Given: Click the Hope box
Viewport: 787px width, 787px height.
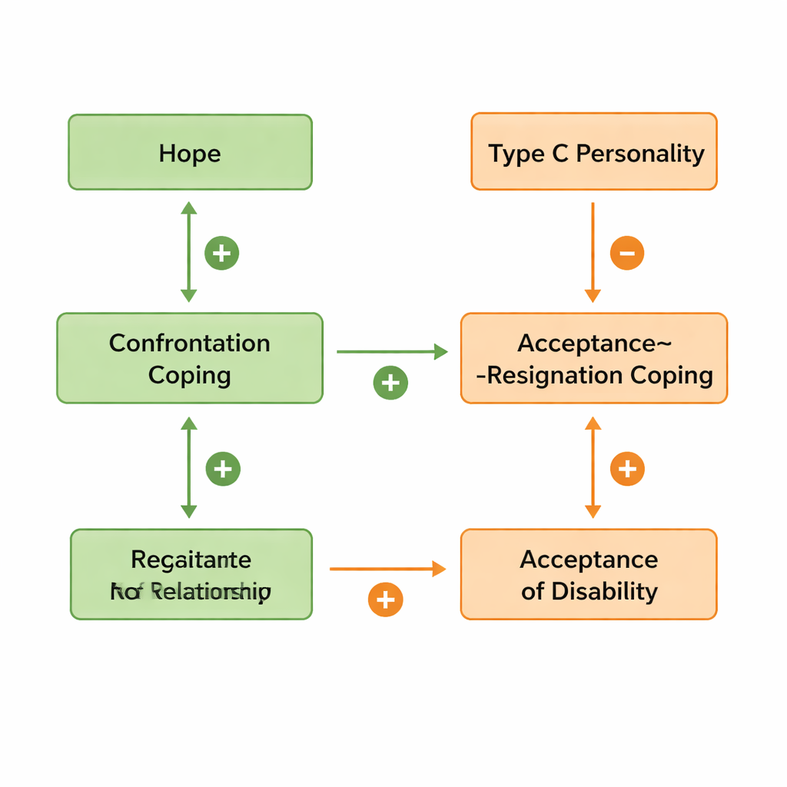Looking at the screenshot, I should (x=190, y=152).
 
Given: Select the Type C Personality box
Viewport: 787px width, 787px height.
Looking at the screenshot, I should (x=593, y=151).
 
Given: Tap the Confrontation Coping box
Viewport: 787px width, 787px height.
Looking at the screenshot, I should (x=190, y=358).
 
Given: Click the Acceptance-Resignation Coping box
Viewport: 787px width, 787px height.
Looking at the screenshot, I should (x=593, y=358).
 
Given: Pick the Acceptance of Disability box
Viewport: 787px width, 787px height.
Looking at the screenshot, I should (x=589, y=574).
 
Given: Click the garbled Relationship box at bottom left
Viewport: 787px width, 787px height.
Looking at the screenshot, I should (x=191, y=574).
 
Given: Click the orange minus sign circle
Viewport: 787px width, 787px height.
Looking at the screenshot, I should (x=627, y=253).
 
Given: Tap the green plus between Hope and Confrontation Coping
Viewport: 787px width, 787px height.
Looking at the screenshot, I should (x=221, y=253).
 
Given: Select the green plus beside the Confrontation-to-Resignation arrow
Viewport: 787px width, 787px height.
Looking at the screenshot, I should (x=390, y=383).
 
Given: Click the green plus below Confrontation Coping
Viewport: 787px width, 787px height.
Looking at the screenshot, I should (x=223, y=469).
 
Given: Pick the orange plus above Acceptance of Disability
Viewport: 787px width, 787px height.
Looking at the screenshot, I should (x=627, y=469).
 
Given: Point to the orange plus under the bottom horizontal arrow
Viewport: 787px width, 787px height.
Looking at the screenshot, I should (x=386, y=599).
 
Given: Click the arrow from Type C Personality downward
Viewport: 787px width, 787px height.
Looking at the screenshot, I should (x=593, y=253).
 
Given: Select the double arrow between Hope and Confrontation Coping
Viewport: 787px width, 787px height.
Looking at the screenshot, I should (x=188, y=251).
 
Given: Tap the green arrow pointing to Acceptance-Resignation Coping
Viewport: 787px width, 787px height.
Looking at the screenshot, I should (x=392, y=352).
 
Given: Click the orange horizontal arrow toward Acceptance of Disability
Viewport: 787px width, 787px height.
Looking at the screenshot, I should (x=387, y=569).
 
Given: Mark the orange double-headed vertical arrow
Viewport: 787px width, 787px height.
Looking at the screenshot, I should (x=593, y=467).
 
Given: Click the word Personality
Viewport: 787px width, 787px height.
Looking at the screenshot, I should (x=640, y=153).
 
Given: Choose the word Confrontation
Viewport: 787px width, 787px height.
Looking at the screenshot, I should (x=190, y=343).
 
